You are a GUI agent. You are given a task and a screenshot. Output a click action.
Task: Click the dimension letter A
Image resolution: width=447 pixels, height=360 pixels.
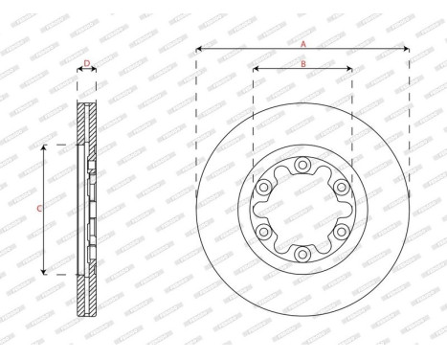pos(303,44)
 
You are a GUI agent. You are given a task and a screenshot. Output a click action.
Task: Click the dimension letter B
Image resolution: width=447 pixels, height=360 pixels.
pos(302,63)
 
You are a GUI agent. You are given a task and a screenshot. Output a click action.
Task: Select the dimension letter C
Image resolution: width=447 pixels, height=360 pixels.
pos(38,208)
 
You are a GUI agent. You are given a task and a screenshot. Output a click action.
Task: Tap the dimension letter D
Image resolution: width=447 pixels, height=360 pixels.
pos(86,63)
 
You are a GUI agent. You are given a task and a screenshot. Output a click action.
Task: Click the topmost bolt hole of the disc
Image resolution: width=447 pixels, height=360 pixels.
pos(302,166)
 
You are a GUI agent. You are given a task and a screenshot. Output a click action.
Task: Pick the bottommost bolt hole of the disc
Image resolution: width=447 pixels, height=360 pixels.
pos(302,253)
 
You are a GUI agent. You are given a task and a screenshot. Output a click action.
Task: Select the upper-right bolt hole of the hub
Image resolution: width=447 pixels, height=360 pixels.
pos(341,188)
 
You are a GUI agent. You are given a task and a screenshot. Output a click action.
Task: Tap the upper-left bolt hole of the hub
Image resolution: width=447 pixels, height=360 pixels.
pos(264,188)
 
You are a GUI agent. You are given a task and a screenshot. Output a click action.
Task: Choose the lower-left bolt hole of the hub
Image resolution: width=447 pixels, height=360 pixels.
pos(264,232)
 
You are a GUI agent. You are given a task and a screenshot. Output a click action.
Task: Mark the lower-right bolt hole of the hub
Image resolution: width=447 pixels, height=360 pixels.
pos(341,232)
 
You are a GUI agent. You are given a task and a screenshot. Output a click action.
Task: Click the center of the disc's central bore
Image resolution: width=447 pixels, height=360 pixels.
pos(302,210)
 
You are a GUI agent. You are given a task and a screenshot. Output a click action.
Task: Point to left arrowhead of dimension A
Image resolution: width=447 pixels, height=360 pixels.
pos(198,50)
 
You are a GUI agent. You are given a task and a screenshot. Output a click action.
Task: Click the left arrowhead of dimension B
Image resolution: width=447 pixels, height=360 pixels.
pos(256,69)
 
